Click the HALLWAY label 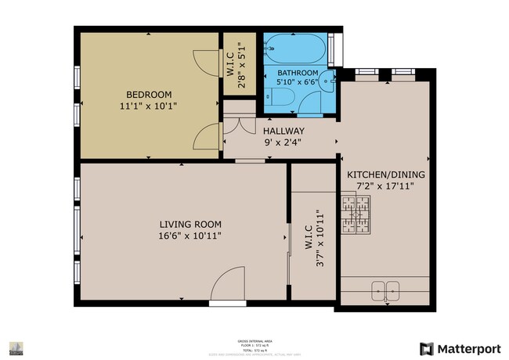pos(283,131)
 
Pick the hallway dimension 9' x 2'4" pos(283,142)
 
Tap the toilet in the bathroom pos(279,97)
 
